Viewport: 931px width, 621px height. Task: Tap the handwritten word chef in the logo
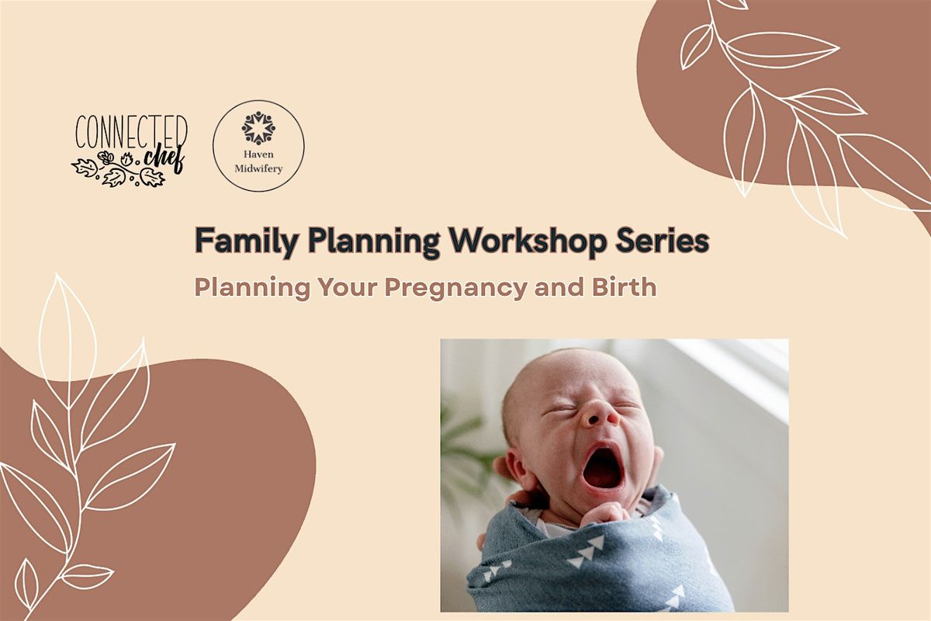point(163,156)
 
